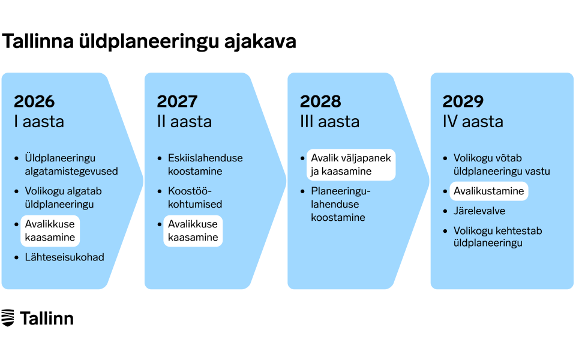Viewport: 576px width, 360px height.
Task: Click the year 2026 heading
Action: pos(34,101)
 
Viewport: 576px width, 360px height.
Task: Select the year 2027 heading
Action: pos(177,101)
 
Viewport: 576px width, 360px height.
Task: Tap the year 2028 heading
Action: pos(320,101)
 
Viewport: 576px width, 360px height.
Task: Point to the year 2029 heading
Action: pos(463,101)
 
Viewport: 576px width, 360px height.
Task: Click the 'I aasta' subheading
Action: pos(39,122)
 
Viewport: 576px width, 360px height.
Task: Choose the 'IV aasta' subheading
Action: pos(473,122)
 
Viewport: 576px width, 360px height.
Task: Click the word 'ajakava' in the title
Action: pos(260,41)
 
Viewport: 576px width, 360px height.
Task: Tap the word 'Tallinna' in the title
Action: pos(38,41)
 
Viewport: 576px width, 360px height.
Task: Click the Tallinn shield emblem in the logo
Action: pos(8,318)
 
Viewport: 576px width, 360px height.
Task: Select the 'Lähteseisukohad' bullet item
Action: pos(64,257)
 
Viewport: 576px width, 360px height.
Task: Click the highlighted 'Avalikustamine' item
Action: pos(489,191)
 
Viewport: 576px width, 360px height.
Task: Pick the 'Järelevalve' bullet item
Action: pos(479,211)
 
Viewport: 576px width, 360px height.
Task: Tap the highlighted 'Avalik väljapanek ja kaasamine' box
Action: pos(351,164)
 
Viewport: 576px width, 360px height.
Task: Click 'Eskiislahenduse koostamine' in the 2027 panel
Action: pos(205,164)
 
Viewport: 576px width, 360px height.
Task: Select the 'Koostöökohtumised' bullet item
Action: pos(195,197)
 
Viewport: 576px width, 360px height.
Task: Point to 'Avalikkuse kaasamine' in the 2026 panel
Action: pos(50,230)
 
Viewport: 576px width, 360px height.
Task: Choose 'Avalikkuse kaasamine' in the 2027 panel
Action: pos(193,230)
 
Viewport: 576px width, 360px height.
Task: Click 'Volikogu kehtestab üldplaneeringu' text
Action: pos(498,236)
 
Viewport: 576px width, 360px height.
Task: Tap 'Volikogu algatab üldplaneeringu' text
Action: pos(63,197)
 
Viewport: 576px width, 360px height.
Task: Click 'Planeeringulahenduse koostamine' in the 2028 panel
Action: pos(341,204)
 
